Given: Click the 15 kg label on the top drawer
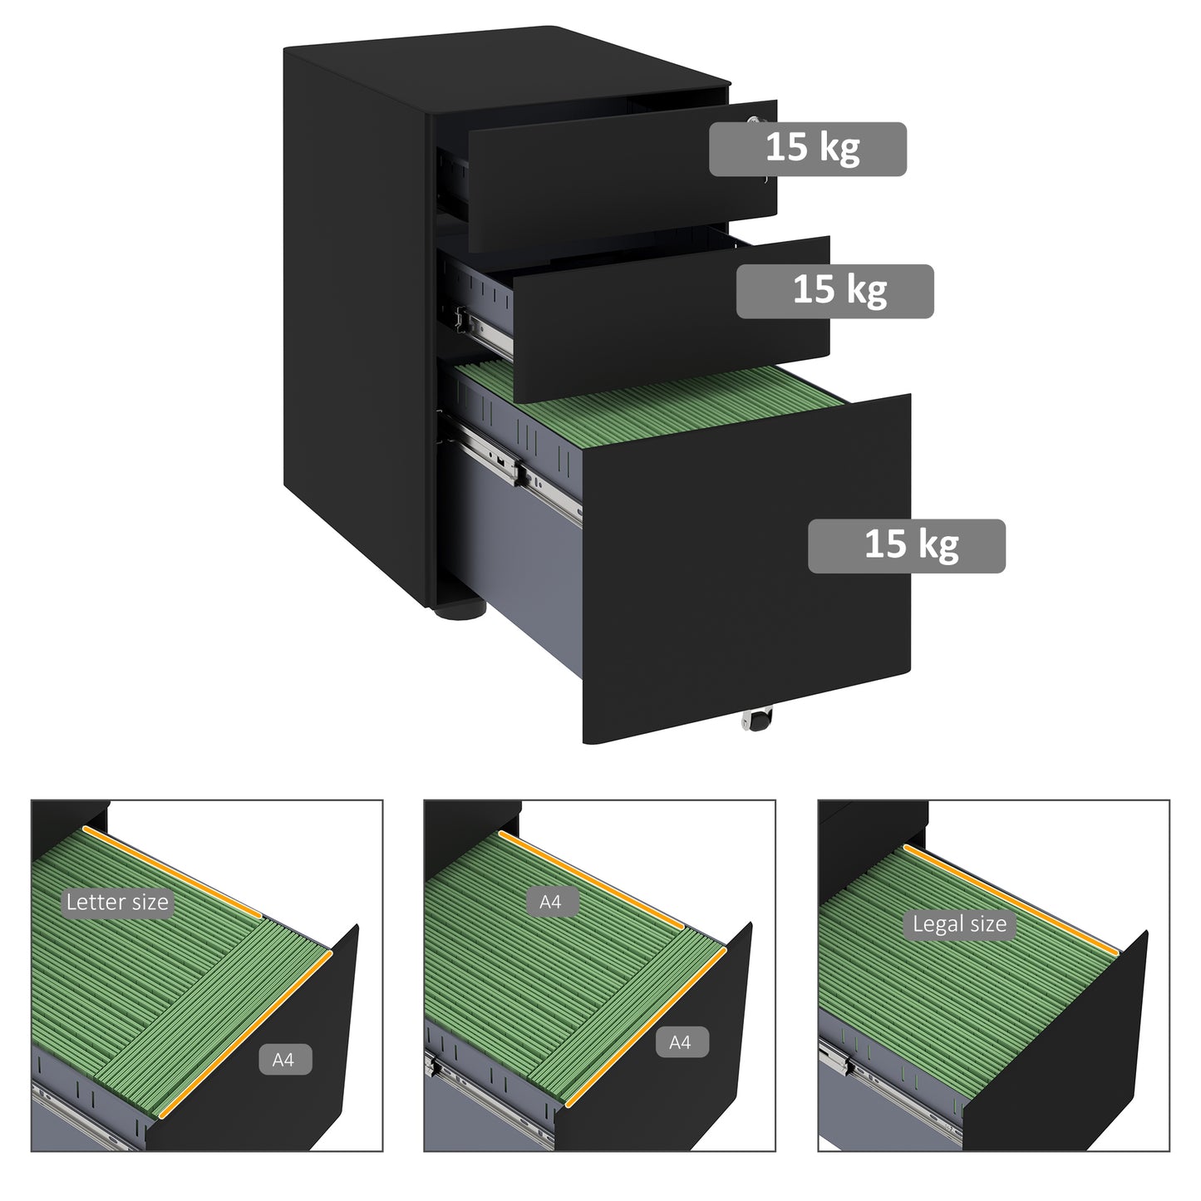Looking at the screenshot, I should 807,149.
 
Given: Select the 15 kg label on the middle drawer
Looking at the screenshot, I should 834,291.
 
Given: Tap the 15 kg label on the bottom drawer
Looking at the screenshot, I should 906,546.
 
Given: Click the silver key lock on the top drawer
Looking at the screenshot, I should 755,121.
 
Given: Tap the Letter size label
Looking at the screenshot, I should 117,903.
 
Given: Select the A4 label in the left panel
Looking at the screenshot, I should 283,1060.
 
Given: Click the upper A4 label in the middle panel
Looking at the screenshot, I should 550,902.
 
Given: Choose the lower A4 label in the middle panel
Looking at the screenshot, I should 679,1041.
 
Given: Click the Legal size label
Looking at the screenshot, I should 959,924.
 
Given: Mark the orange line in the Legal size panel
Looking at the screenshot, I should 1011,901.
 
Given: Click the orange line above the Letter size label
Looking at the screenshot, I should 172,873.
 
